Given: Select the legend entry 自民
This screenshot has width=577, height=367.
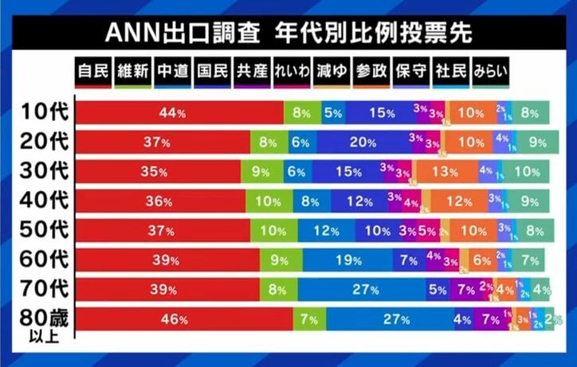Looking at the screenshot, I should pyautogui.click(x=93, y=70).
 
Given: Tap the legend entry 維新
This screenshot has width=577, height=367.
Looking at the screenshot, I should pyautogui.click(x=132, y=70).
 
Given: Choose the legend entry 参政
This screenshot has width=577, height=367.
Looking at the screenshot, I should pyautogui.click(x=371, y=70).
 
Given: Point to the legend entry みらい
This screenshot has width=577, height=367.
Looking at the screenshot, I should pyautogui.click(x=490, y=70).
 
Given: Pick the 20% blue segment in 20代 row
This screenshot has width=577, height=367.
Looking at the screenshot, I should pyautogui.click(x=363, y=143).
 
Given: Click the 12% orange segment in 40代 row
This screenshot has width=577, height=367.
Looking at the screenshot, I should pyautogui.click(x=457, y=201).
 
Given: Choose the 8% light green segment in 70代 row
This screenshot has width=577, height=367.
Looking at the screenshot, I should pyautogui.click(x=278, y=290).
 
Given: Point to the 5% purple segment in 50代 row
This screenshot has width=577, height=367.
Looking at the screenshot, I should pyautogui.click(x=426, y=231).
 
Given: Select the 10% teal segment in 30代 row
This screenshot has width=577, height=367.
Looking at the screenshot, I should pyautogui.click(x=527, y=172).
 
